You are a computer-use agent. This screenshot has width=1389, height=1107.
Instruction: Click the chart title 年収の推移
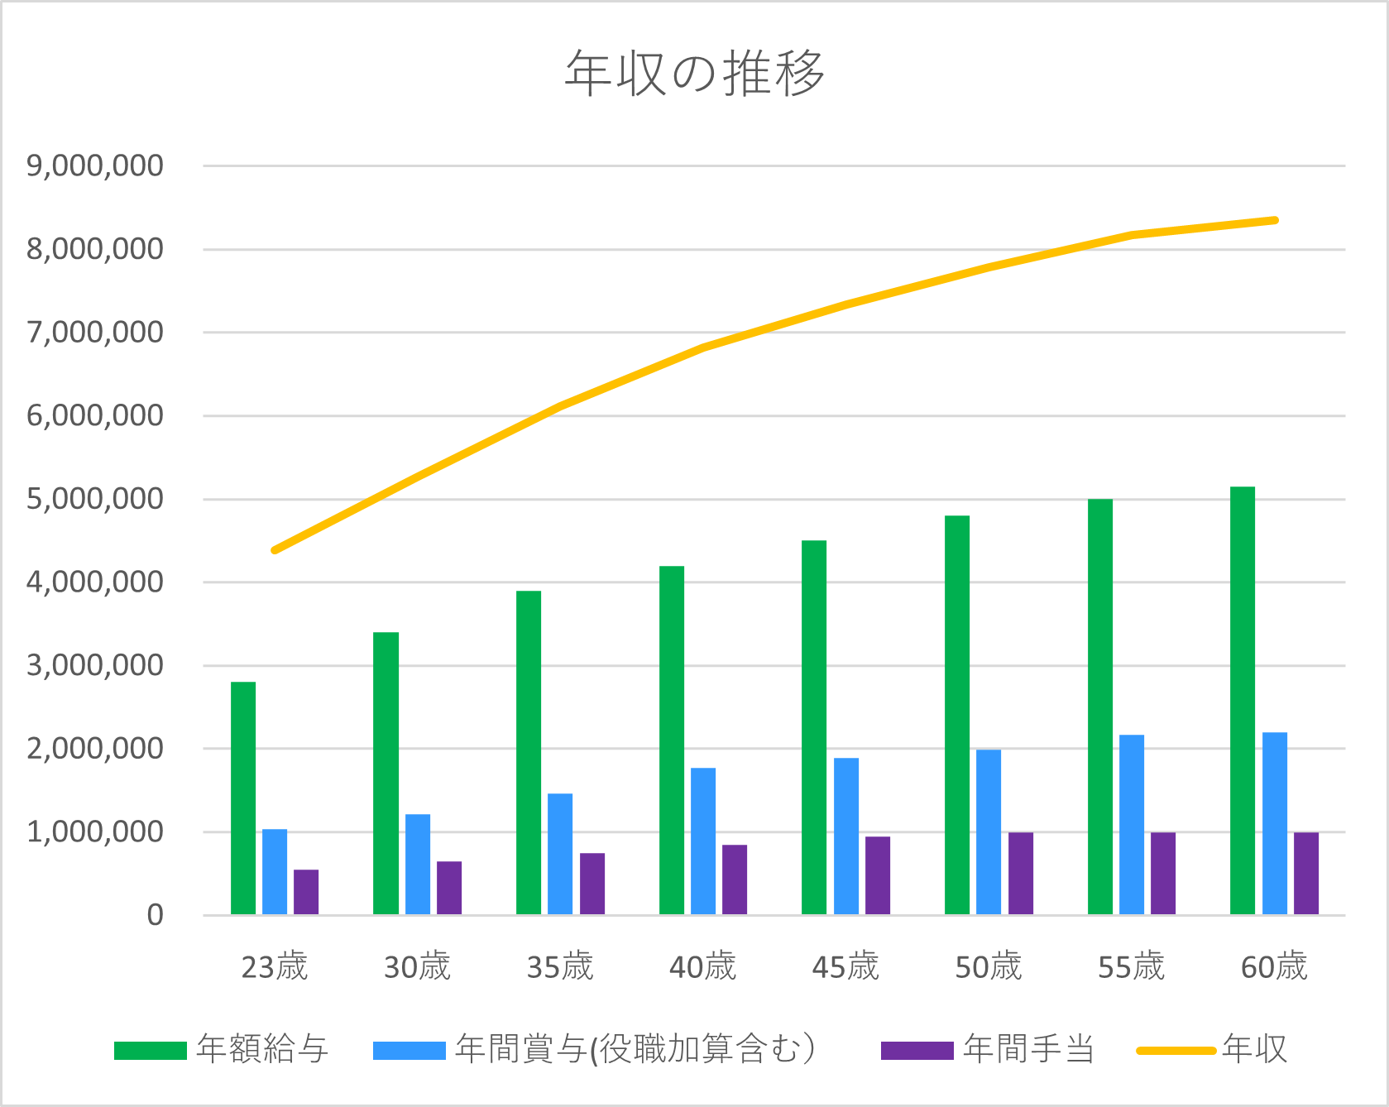tap(694, 73)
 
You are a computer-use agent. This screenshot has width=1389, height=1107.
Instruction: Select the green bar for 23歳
tap(243, 798)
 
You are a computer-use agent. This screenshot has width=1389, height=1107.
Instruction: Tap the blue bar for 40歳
tap(703, 841)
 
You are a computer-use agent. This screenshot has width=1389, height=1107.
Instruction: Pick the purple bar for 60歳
tap(1306, 873)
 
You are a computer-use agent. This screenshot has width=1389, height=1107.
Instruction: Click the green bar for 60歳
tap(1243, 701)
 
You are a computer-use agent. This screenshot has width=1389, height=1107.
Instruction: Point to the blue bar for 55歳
tap(1132, 824)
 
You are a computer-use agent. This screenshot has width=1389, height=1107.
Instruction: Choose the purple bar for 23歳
tap(306, 892)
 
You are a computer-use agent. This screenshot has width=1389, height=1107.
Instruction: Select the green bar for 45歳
tap(814, 727)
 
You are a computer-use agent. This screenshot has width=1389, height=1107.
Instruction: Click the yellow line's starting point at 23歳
tap(275, 550)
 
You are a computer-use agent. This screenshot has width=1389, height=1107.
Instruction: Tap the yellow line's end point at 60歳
tap(1275, 220)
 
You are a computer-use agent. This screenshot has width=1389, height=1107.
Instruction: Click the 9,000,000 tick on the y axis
tap(95, 165)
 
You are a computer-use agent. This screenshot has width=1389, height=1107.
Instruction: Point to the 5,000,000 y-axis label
tap(95, 499)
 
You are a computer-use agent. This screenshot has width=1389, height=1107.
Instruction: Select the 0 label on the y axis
tap(155, 915)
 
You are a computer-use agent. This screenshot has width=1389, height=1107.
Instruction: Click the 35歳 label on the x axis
tap(560, 966)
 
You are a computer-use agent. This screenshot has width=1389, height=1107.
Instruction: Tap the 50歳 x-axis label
tap(989, 966)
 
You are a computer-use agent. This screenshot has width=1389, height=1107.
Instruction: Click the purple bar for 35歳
tap(592, 884)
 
